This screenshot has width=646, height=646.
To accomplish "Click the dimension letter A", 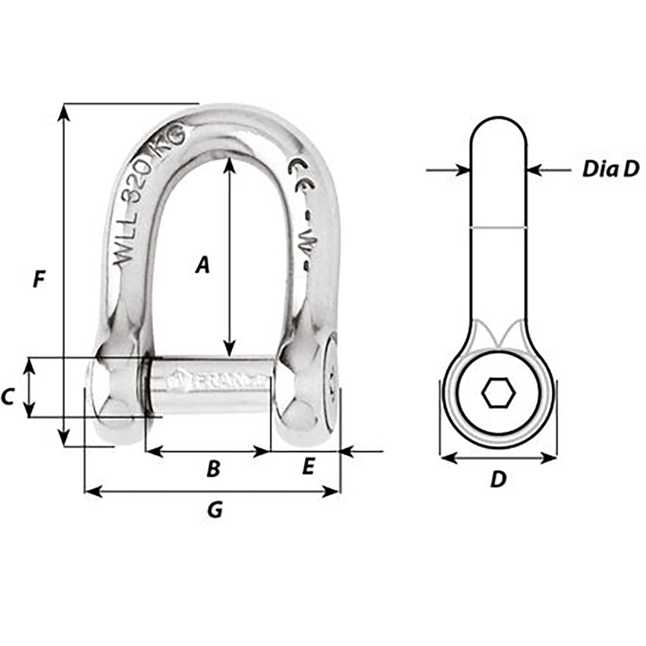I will click(203, 264).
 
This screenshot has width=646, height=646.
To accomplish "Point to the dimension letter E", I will click(308, 466).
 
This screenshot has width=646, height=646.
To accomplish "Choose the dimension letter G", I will click(214, 510).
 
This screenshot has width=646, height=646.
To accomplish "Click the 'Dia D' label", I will click(610, 169).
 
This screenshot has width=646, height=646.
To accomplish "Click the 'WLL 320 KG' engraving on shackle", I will click(149, 194).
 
